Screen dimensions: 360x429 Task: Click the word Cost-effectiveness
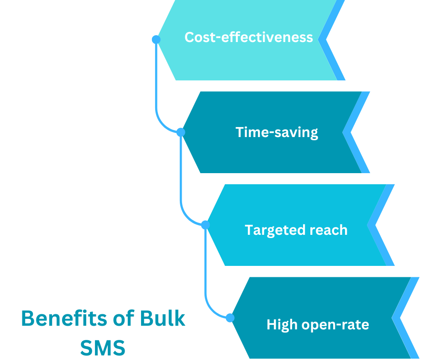249,37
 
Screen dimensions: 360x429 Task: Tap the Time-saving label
277,132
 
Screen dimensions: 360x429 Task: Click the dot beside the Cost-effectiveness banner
156,39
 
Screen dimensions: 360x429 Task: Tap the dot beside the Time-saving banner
181,132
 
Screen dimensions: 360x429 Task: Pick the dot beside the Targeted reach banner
205,225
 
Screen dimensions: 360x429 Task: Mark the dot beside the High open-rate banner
230,318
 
